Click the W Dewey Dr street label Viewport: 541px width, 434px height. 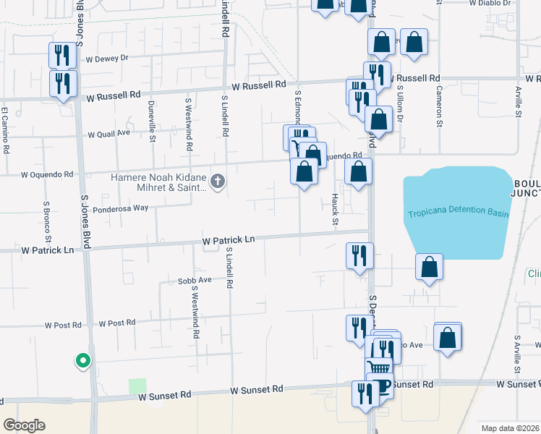coord(106,58)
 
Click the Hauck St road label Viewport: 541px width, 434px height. coord(335,209)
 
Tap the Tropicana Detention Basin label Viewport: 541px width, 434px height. coord(458,214)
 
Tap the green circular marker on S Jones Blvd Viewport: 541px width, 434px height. coord(83,359)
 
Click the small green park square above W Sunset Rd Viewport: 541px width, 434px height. coord(137,386)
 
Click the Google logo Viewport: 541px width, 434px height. coord(24,425)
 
